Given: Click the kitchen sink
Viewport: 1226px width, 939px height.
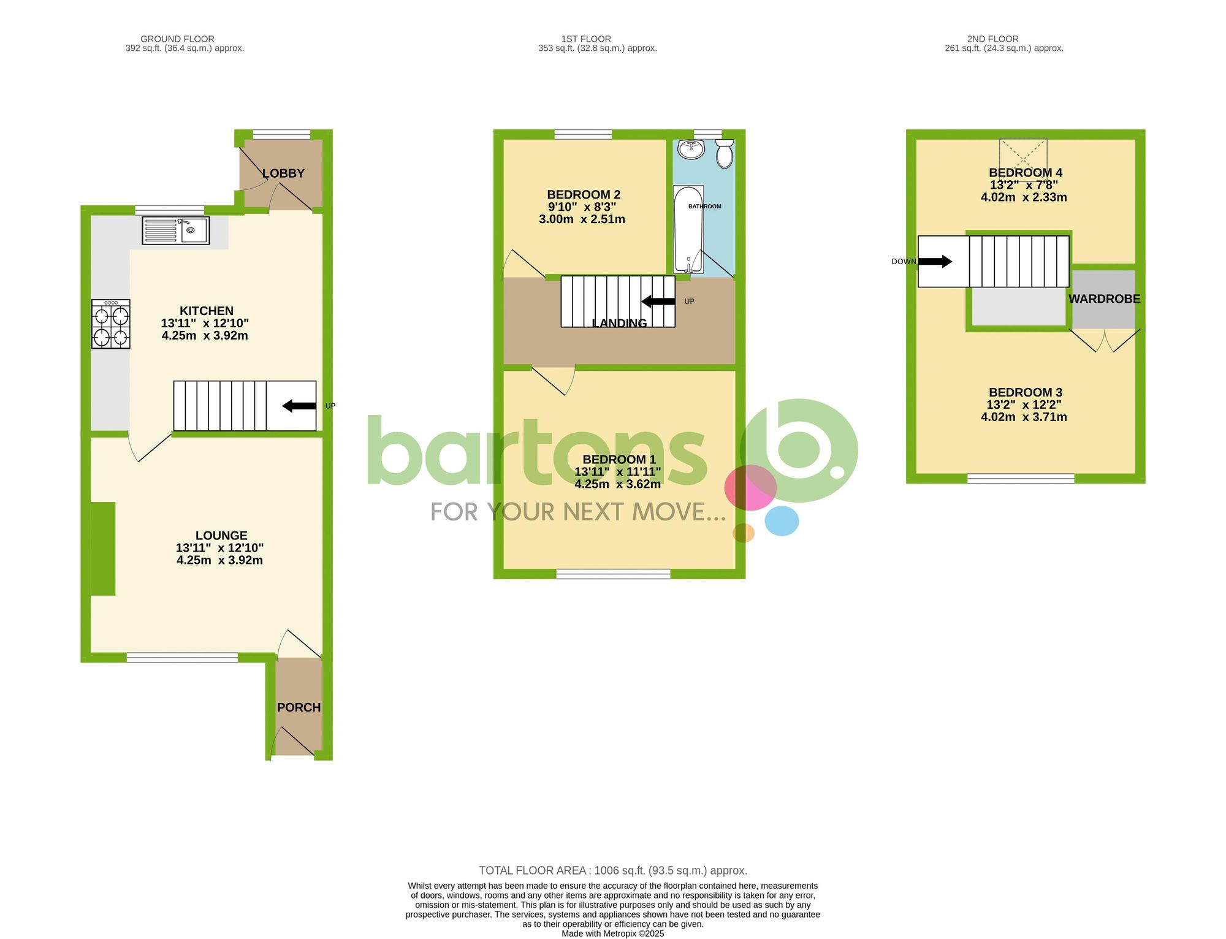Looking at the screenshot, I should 176,230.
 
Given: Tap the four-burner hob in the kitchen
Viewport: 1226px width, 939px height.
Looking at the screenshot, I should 111,324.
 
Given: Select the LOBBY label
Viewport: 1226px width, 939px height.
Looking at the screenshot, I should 283,173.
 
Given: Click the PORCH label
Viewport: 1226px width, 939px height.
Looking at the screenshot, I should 299,707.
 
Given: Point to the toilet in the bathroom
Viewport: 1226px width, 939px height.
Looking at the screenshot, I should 725,153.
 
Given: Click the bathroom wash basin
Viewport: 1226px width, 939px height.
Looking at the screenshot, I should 691,149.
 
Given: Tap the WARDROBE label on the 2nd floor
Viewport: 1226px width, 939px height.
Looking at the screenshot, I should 1104,299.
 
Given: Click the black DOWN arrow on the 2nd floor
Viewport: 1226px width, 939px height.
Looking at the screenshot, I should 935,262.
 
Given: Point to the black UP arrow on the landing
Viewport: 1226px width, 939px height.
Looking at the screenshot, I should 658,302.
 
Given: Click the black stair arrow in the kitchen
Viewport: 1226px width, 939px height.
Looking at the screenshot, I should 299,406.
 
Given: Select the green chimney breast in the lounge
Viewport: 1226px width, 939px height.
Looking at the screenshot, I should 103,549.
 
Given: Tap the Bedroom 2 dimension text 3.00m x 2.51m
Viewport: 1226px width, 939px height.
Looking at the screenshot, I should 582,219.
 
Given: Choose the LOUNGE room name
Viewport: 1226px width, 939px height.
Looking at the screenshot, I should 221,536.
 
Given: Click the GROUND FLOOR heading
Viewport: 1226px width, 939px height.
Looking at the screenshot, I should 177,39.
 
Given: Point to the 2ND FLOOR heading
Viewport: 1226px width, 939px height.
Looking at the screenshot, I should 992,39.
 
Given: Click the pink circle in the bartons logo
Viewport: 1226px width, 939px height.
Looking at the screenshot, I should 750,488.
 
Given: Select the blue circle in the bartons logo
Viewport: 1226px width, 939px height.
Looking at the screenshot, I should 782,521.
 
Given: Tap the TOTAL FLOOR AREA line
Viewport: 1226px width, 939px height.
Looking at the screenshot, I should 612,870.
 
